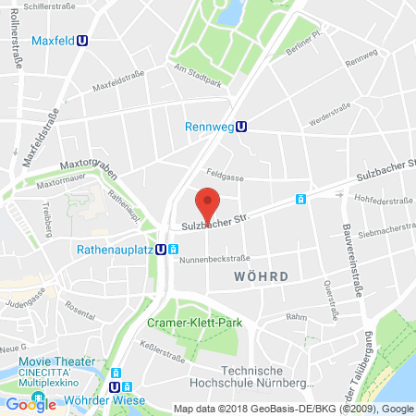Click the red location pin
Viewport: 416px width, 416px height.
209,202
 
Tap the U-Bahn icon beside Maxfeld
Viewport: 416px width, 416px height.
83,41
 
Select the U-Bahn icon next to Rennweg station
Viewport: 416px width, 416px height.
241,128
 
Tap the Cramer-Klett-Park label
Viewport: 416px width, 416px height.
190,323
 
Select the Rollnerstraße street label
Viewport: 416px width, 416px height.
17,43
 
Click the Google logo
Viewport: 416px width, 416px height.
31,403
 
